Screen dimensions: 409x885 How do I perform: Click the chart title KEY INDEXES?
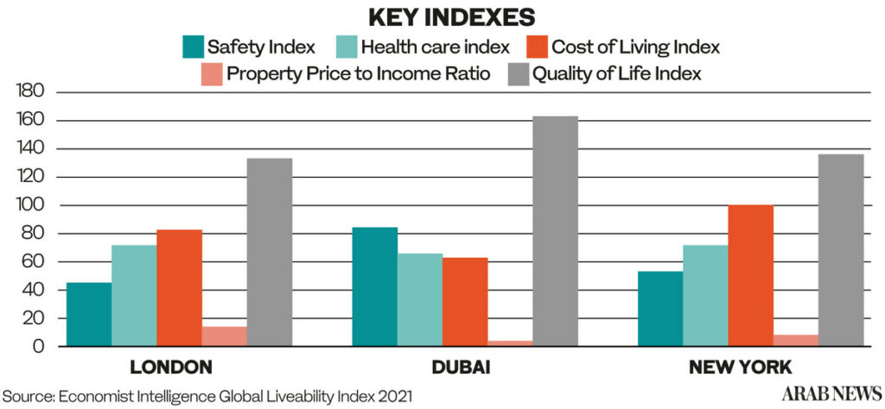(x=442, y=16)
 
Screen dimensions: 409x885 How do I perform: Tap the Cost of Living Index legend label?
(x=647, y=47)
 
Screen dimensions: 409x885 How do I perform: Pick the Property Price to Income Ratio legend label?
(x=359, y=73)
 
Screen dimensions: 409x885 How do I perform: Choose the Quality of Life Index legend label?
(x=616, y=73)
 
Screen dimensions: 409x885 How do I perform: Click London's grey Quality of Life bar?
(x=270, y=252)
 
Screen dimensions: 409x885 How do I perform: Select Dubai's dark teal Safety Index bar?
(x=375, y=286)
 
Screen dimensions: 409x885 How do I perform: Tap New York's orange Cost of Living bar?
(x=751, y=275)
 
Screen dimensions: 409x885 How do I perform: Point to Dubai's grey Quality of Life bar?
(x=556, y=231)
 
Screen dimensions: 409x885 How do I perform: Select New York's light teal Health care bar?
(x=706, y=295)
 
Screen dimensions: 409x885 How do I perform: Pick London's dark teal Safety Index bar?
(x=89, y=314)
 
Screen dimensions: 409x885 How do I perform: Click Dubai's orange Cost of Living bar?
(x=465, y=302)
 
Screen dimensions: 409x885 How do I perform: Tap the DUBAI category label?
(x=462, y=368)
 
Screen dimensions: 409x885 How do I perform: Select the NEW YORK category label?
(x=740, y=368)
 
